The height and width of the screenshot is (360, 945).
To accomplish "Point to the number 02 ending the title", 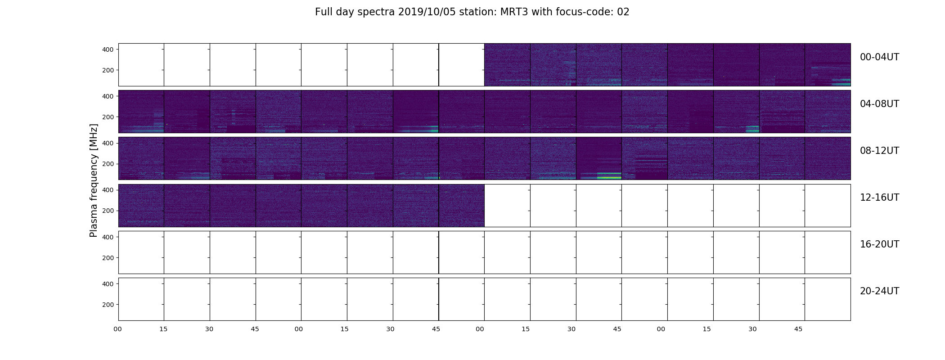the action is (x=623, y=12).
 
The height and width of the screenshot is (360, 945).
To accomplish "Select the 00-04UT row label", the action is (x=879, y=57).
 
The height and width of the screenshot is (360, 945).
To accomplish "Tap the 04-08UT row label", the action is (x=879, y=104).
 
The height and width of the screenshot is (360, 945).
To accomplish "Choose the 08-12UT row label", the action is (x=879, y=151).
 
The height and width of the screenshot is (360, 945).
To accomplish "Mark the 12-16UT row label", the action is (x=879, y=198).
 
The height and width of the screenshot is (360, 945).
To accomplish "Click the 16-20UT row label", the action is (x=879, y=244).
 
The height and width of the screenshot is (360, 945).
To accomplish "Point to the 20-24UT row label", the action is (x=879, y=291).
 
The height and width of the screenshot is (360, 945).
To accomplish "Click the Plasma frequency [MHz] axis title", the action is (x=94, y=180).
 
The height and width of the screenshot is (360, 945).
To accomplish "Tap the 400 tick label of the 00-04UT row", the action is (x=108, y=49).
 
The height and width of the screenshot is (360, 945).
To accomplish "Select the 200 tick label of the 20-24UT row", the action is (x=108, y=305).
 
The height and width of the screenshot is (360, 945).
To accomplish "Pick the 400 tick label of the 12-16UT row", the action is (x=108, y=190).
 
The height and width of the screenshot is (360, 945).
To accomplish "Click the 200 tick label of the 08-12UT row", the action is (x=108, y=164).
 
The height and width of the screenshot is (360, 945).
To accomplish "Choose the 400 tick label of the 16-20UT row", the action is (x=108, y=237).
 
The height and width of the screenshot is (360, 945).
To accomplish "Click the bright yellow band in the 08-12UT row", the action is (x=609, y=178).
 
